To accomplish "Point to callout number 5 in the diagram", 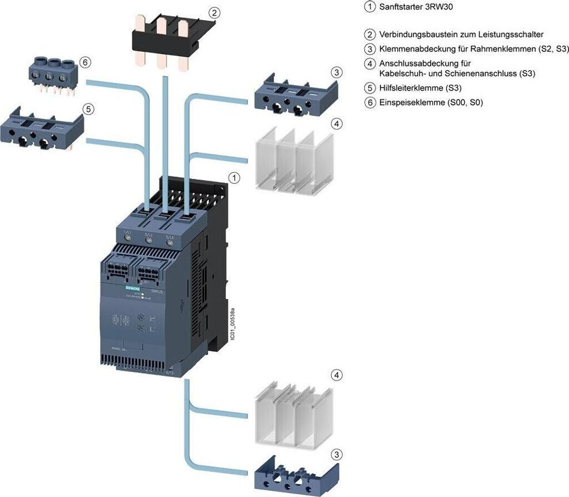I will [88, 108].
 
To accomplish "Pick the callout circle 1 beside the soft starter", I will [235, 178].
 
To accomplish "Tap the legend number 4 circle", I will [370, 63].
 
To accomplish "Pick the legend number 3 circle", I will [370, 49].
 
